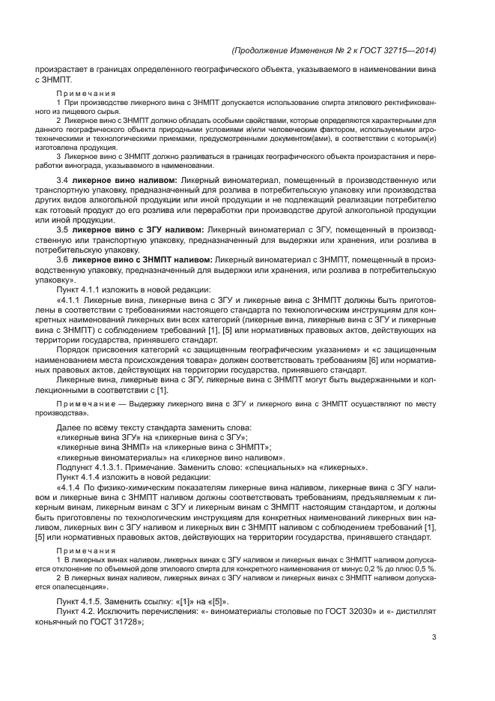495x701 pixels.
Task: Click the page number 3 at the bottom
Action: pos(434,637)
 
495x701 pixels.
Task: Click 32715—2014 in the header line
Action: pos(410,50)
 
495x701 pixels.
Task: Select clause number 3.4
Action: pos(62,181)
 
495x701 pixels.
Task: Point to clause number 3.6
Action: pos(62,259)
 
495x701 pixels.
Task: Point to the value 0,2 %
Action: pos(390,569)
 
